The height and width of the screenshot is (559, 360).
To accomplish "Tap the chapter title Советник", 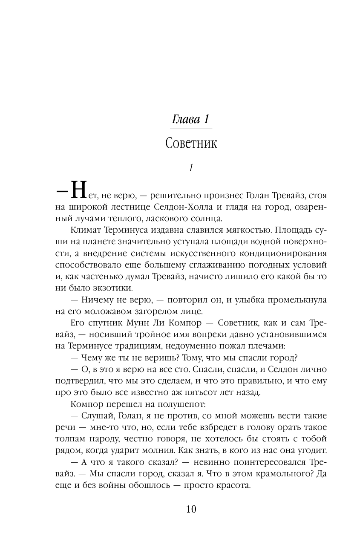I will tap(191, 143).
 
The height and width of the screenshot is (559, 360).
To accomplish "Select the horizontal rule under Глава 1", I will tap(191, 129).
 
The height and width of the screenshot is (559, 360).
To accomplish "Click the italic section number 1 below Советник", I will tap(191, 168).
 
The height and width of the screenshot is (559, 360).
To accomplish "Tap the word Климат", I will tap(83, 231).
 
